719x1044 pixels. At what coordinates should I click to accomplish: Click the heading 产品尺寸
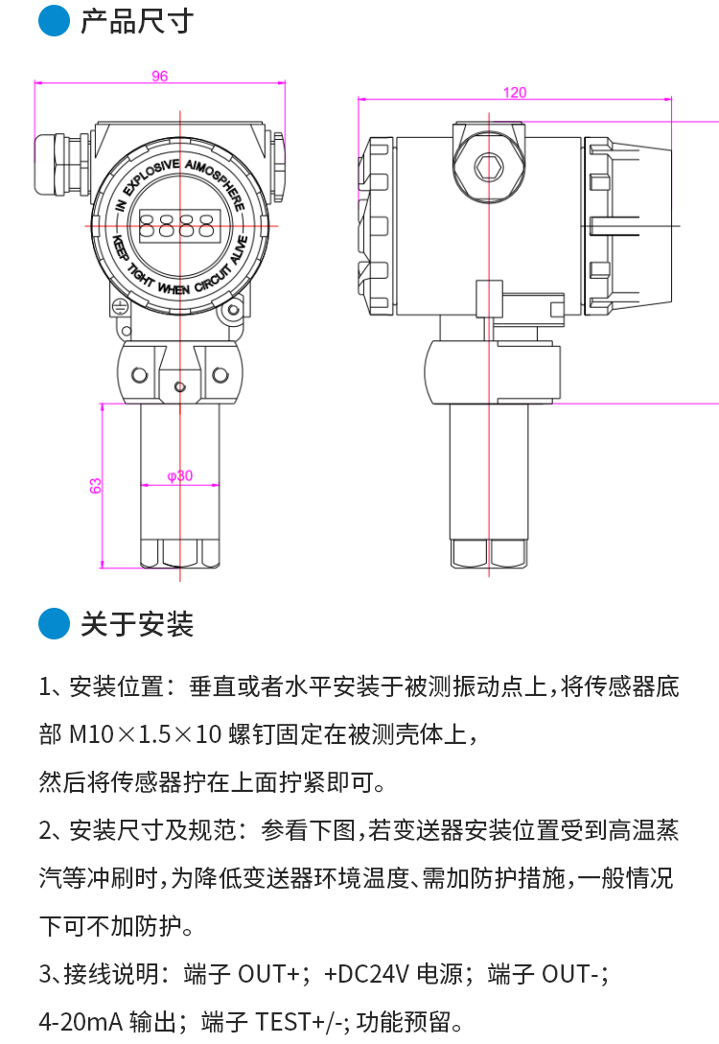click(x=137, y=21)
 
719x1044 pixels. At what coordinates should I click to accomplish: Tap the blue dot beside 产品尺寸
click(x=54, y=21)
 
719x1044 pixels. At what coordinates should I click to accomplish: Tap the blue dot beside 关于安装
click(x=54, y=625)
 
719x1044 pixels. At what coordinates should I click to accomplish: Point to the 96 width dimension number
click(x=160, y=77)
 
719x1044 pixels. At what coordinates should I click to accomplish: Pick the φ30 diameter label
click(x=179, y=476)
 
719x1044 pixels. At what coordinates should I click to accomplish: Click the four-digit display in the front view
click(x=179, y=225)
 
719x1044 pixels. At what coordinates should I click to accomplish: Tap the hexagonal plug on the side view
click(x=489, y=165)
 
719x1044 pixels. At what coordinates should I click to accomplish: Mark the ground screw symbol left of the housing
click(x=121, y=307)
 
